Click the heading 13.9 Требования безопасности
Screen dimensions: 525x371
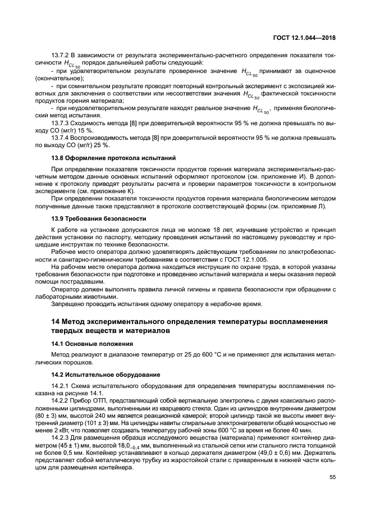click(98, 218)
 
